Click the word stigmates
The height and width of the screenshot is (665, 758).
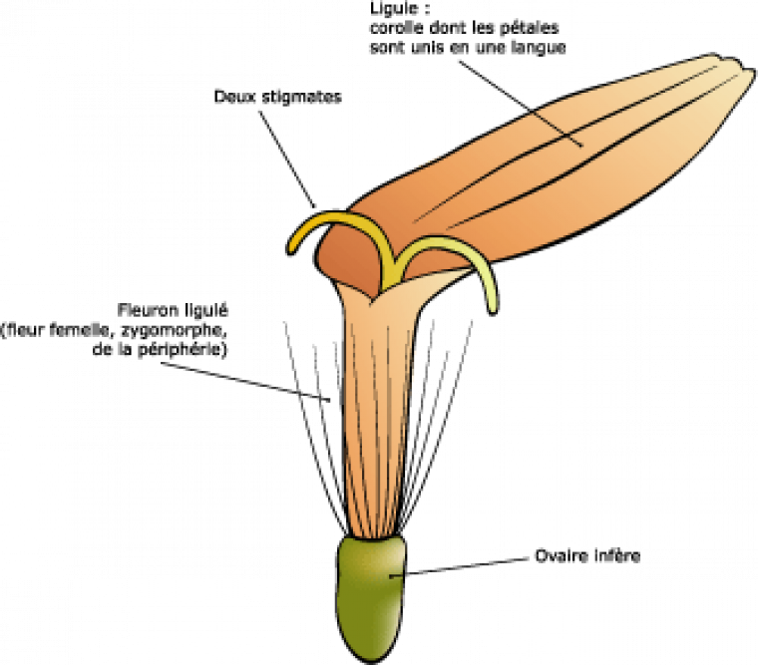pos(298,98)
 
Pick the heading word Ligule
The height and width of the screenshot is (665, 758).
pos(384,8)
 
